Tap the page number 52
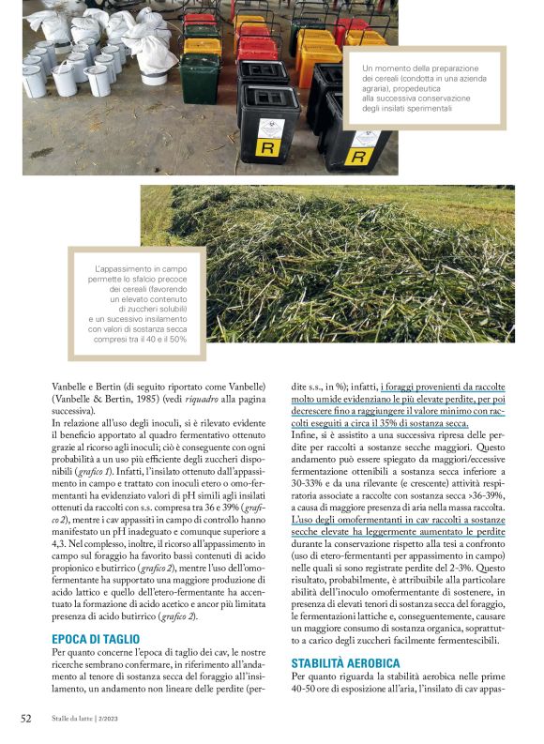point(26,719)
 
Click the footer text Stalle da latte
point(79,720)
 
